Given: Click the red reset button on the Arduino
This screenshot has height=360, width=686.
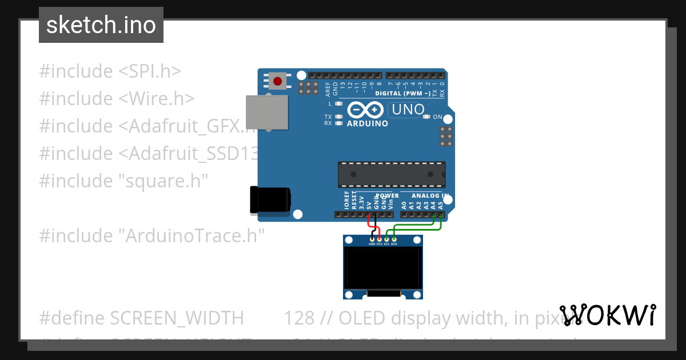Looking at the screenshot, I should point(278,81).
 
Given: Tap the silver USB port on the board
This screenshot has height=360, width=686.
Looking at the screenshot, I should point(267,111).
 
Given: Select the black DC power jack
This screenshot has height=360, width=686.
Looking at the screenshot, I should point(270,200).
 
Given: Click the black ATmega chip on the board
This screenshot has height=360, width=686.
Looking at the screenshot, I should point(392,174).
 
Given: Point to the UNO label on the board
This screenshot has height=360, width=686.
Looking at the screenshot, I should point(407,109).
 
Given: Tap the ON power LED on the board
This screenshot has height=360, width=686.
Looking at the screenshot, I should point(426,117).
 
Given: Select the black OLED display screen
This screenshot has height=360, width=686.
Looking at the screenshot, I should point(382,269).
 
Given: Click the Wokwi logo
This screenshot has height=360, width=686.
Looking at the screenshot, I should point(607,315).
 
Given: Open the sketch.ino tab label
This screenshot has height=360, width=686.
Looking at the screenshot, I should point(101,25).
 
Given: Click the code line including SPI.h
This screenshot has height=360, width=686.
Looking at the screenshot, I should point(110,71).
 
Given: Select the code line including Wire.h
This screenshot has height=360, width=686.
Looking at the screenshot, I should point(117,99).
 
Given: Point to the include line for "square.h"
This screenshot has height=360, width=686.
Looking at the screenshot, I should point(123,181).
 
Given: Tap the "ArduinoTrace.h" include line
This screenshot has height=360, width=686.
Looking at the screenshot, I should point(152,235).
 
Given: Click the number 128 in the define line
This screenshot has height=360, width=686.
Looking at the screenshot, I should point(298,318).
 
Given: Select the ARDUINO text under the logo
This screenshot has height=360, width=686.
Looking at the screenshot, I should point(368,123).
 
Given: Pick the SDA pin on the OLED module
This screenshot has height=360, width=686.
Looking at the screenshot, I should point(394,239).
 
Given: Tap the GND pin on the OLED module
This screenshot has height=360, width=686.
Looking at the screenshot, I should point(372,239).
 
